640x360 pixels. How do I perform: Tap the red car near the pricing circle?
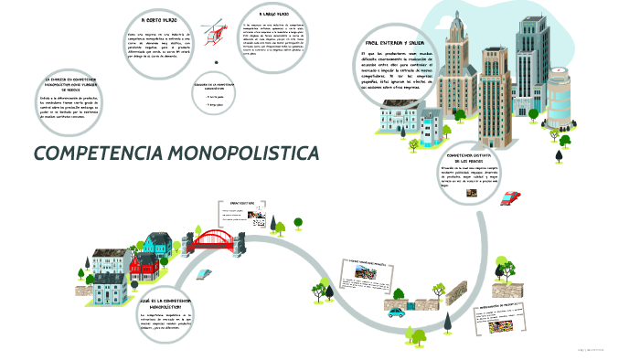[x=512, y=196]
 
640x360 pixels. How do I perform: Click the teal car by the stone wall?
[x=396, y=311]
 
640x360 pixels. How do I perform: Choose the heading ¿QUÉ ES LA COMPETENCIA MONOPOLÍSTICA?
[x=165, y=303]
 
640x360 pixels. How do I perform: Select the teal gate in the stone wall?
[x=423, y=303]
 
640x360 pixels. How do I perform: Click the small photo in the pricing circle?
[x=473, y=193]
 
